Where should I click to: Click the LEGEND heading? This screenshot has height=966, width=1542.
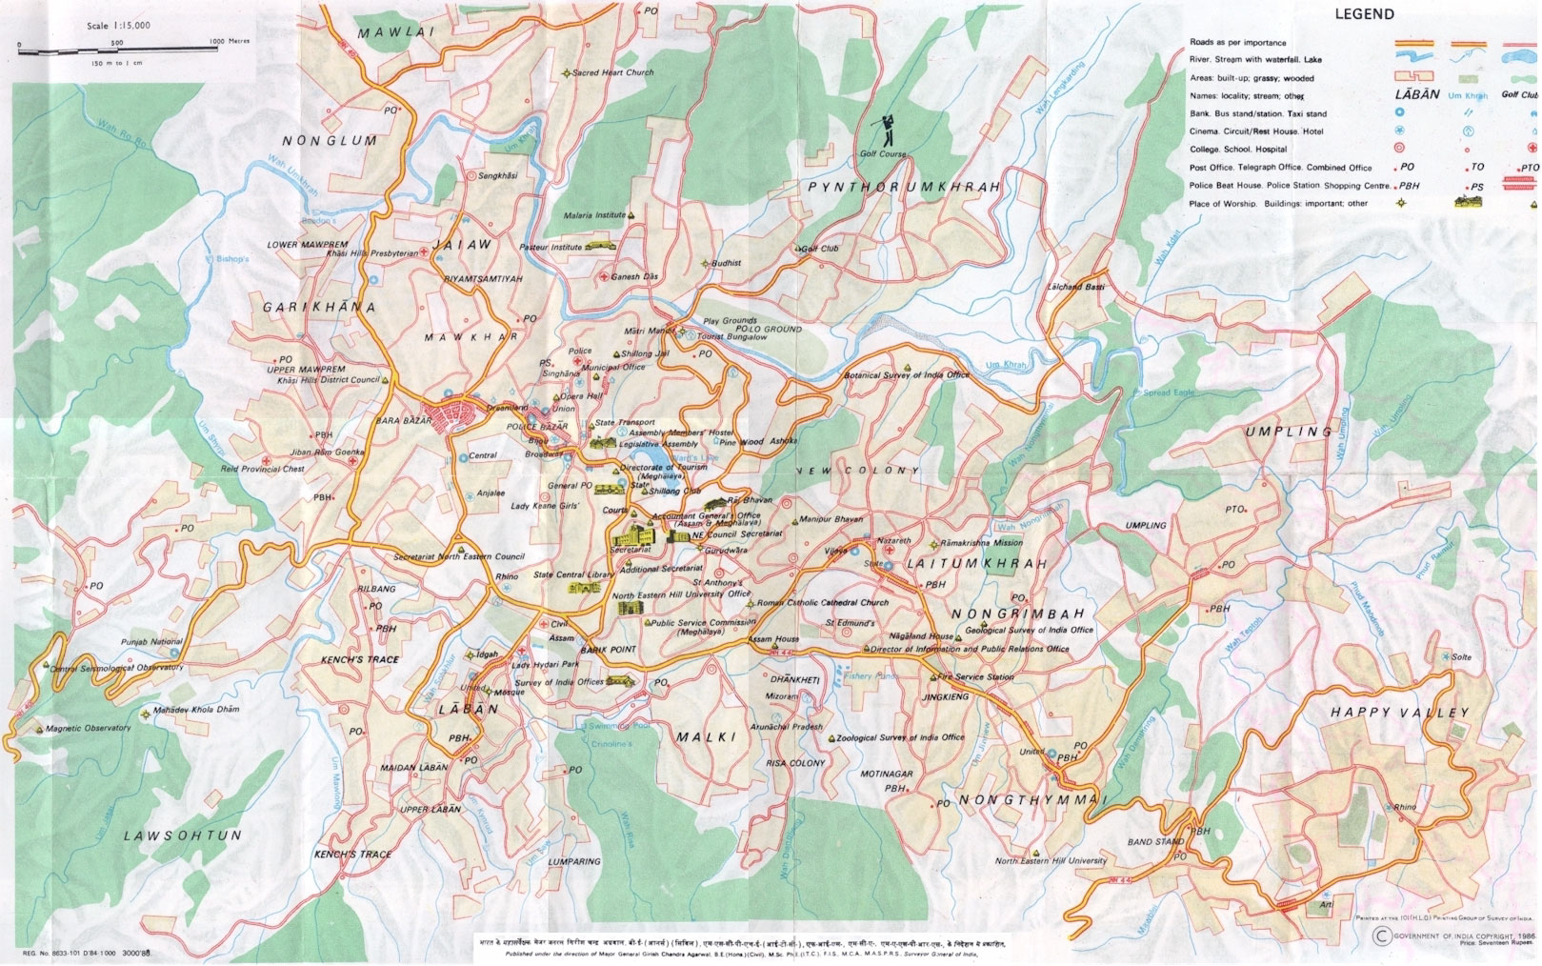pos(1364,14)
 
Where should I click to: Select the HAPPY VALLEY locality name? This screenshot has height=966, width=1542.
pos(1399,713)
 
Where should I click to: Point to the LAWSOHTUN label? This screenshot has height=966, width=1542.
pos(183,835)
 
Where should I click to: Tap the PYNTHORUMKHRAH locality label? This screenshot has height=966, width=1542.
pos(904,188)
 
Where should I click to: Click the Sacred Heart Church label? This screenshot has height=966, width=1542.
pos(612,72)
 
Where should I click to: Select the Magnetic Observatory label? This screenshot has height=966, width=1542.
pos(89,729)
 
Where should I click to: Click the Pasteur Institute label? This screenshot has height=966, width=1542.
pos(551,247)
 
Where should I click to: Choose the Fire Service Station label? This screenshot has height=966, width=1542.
pos(975,677)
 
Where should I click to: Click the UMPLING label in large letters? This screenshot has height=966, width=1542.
pos(1289,432)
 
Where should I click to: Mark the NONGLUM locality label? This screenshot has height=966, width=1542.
pos(330,141)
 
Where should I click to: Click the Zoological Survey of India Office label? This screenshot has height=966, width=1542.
pos(900,737)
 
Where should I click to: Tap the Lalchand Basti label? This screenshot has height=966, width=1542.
pos(1075,287)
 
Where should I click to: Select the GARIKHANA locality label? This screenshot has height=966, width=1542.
pos(319,308)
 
